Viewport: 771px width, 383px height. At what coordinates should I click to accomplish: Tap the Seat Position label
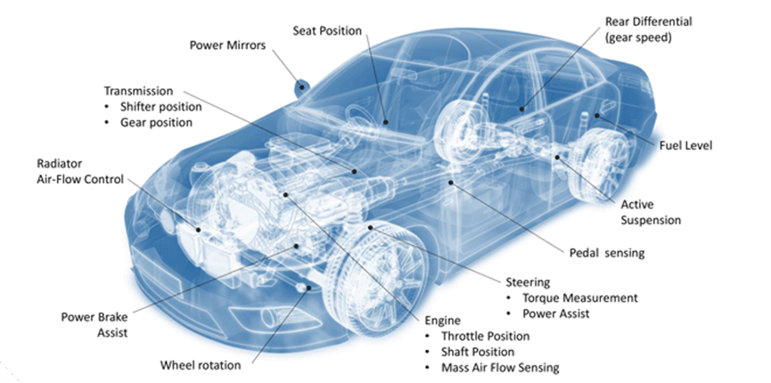click(327, 30)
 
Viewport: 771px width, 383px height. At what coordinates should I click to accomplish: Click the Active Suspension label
click(650, 212)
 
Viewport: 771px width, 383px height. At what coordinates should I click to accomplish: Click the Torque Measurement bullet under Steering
click(581, 297)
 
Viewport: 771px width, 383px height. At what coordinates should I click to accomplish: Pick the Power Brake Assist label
click(94, 325)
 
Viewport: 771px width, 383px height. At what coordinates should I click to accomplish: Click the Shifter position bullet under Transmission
click(161, 107)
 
